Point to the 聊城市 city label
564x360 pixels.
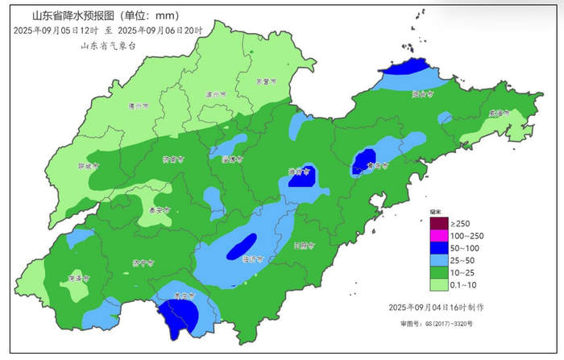[88, 166]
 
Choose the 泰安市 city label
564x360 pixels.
[160, 209]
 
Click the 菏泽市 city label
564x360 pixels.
[78, 278]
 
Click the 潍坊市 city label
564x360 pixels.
[300, 172]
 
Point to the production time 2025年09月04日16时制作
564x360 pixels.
[436, 308]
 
